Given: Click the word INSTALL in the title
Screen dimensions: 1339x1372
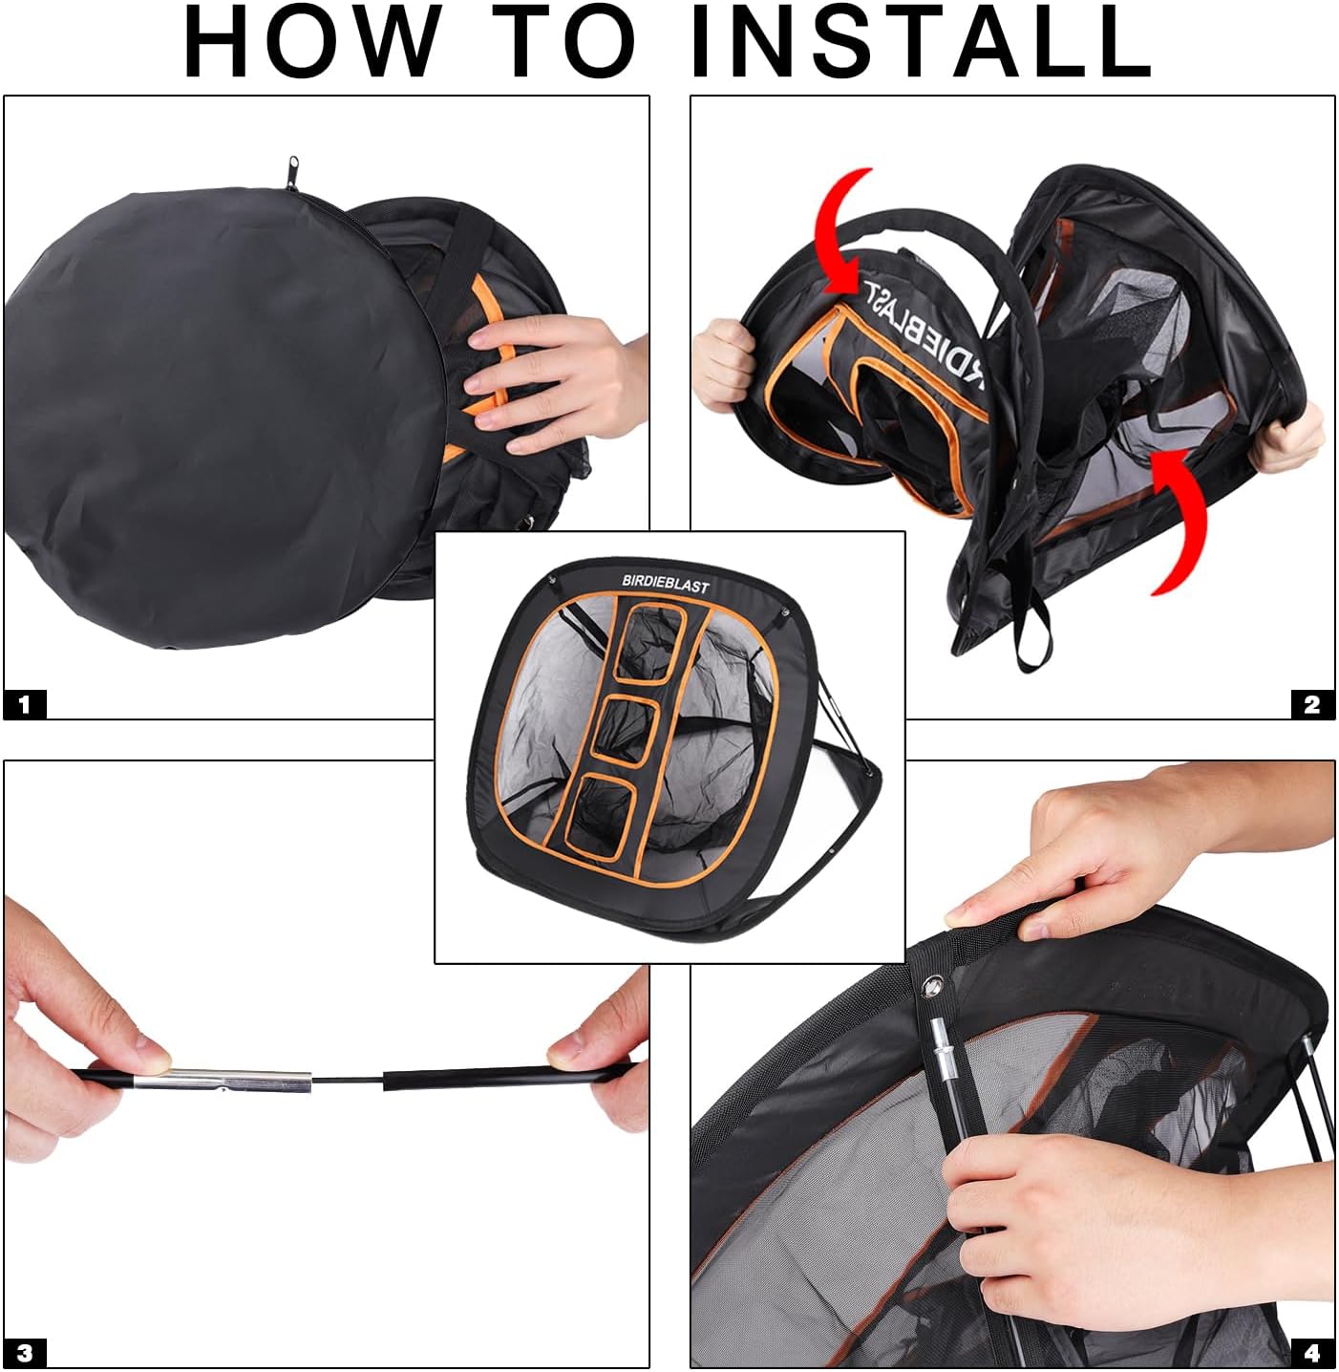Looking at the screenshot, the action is click(x=921, y=42).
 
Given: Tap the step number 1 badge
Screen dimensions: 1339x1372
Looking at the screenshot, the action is click(x=25, y=703).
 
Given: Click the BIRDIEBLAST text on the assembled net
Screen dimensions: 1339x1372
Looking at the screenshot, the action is click(x=666, y=583).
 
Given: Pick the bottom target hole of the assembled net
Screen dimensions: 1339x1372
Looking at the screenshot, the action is click(x=601, y=818).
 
